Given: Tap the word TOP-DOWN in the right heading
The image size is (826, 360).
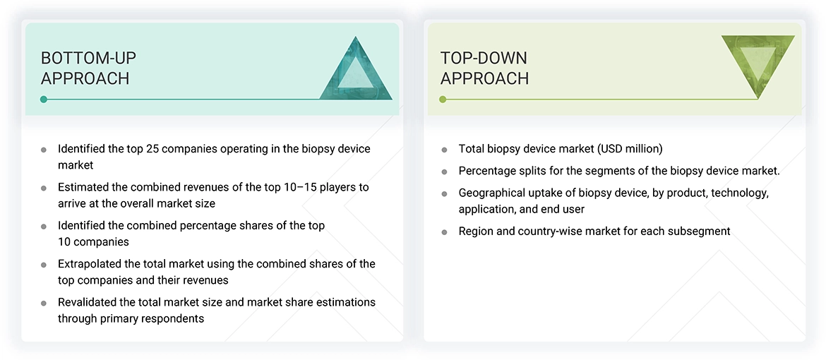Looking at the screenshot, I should pyautogui.click(x=484, y=58).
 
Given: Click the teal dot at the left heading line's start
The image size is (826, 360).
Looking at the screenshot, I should pyautogui.click(x=44, y=100).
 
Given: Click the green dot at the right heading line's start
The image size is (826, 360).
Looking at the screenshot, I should pyautogui.click(x=443, y=100).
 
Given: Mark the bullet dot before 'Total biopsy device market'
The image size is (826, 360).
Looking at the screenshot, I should pyautogui.click(x=444, y=150).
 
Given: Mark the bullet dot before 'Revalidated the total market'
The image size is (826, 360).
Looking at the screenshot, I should pyautogui.click(x=44, y=303).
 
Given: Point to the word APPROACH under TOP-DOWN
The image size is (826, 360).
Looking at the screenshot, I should pyautogui.click(x=484, y=78).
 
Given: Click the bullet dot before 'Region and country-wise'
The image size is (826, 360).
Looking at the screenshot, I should pyautogui.click(x=444, y=232).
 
